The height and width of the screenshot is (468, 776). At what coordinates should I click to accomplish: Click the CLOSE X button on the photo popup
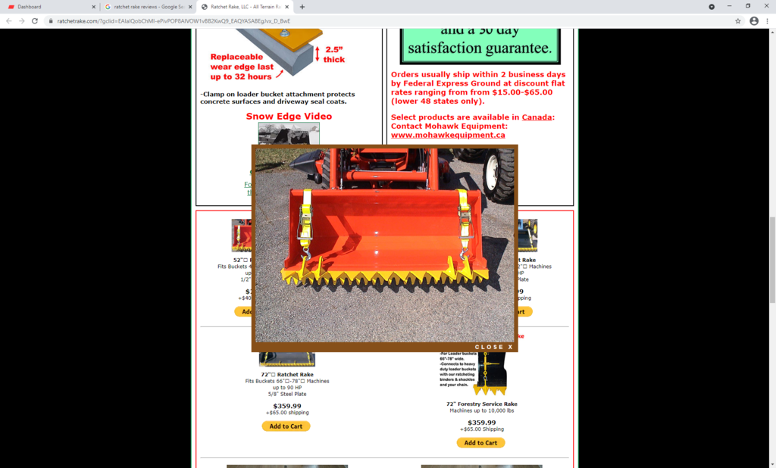[493, 347]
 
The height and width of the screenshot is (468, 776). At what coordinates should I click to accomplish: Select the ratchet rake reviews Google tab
[148, 7]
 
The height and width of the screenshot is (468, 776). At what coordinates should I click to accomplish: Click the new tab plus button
[302, 7]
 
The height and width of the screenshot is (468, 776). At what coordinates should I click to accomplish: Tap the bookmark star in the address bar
[737, 21]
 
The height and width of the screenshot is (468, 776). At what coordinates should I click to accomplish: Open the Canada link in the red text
[537, 117]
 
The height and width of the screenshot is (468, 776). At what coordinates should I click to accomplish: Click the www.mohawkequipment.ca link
[447, 135]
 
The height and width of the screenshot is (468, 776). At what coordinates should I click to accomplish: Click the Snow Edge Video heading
[289, 117]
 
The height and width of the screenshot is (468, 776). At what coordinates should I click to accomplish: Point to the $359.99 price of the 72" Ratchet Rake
[287, 406]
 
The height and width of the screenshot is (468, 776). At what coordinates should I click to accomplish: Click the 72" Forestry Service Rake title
[481, 404]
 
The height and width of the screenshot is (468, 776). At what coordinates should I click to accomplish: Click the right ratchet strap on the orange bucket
[465, 220]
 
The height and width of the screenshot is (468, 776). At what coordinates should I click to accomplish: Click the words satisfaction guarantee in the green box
[480, 48]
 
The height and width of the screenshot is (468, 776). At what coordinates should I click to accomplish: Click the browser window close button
[765, 7]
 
